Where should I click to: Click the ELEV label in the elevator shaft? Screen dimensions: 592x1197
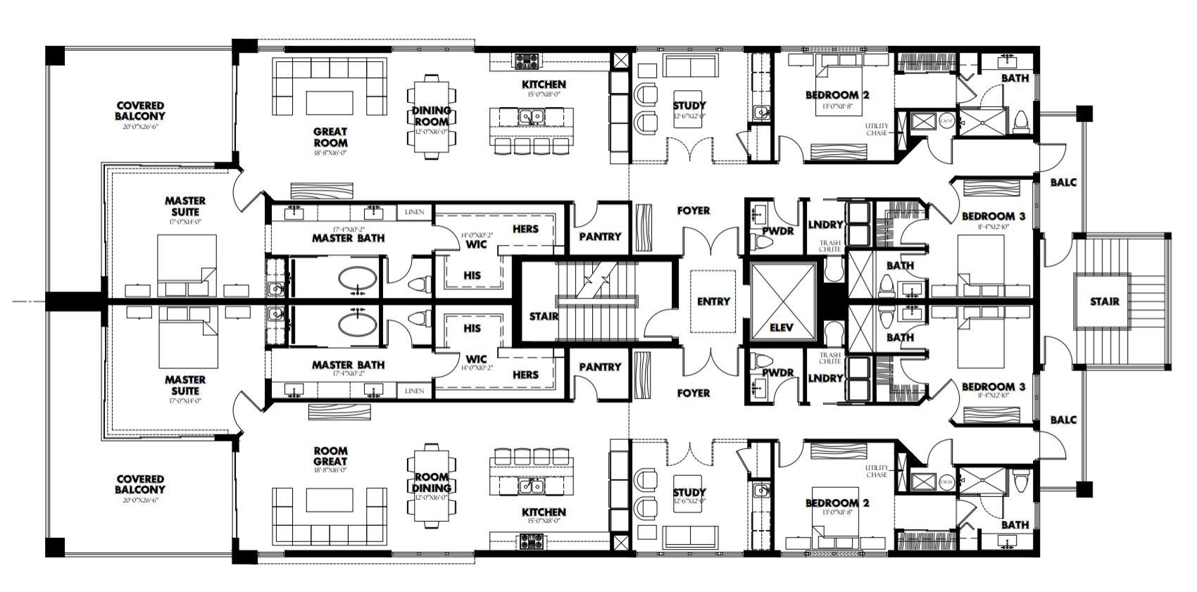coord(782,328)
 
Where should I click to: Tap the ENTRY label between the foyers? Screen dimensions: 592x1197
coord(713,301)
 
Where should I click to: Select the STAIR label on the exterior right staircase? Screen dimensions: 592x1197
coord(1104,301)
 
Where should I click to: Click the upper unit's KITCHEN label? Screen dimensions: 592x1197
coord(544,84)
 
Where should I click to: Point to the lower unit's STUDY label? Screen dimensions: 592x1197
coord(689,492)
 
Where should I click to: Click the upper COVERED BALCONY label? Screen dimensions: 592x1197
coord(141,111)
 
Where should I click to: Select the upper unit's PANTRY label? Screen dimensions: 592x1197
coord(600,237)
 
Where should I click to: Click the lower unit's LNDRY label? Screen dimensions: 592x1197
coord(825,378)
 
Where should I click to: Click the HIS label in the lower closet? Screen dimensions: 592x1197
coord(472,328)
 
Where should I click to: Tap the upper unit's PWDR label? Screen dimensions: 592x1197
coord(777,231)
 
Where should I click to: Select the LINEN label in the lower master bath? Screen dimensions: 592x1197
coord(414,391)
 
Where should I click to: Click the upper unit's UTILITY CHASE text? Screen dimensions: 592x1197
coord(877,129)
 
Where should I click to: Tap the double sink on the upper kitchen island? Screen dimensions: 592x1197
coord(531,116)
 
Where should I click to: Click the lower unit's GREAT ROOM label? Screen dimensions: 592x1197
coord(330,456)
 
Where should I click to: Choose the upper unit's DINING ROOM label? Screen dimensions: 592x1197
coord(431,115)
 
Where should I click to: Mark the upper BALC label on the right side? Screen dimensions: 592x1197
coord(1063,182)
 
